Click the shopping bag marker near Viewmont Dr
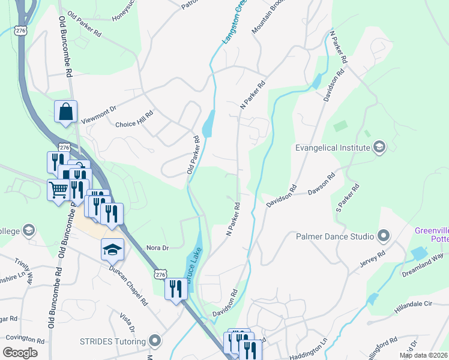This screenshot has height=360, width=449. pyautogui.click(x=65, y=112)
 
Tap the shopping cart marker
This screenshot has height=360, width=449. pyautogui.click(x=58, y=190)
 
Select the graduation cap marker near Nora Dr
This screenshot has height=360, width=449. pyautogui.click(x=112, y=249)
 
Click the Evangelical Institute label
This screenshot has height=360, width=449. pyautogui.click(x=331, y=147)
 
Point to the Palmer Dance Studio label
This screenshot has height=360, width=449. pyautogui.click(x=335, y=236)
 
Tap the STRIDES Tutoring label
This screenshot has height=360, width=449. pyautogui.click(x=113, y=341)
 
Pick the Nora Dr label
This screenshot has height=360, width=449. pyautogui.click(x=157, y=247)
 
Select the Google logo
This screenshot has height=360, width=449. pyautogui.click(x=20, y=352)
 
